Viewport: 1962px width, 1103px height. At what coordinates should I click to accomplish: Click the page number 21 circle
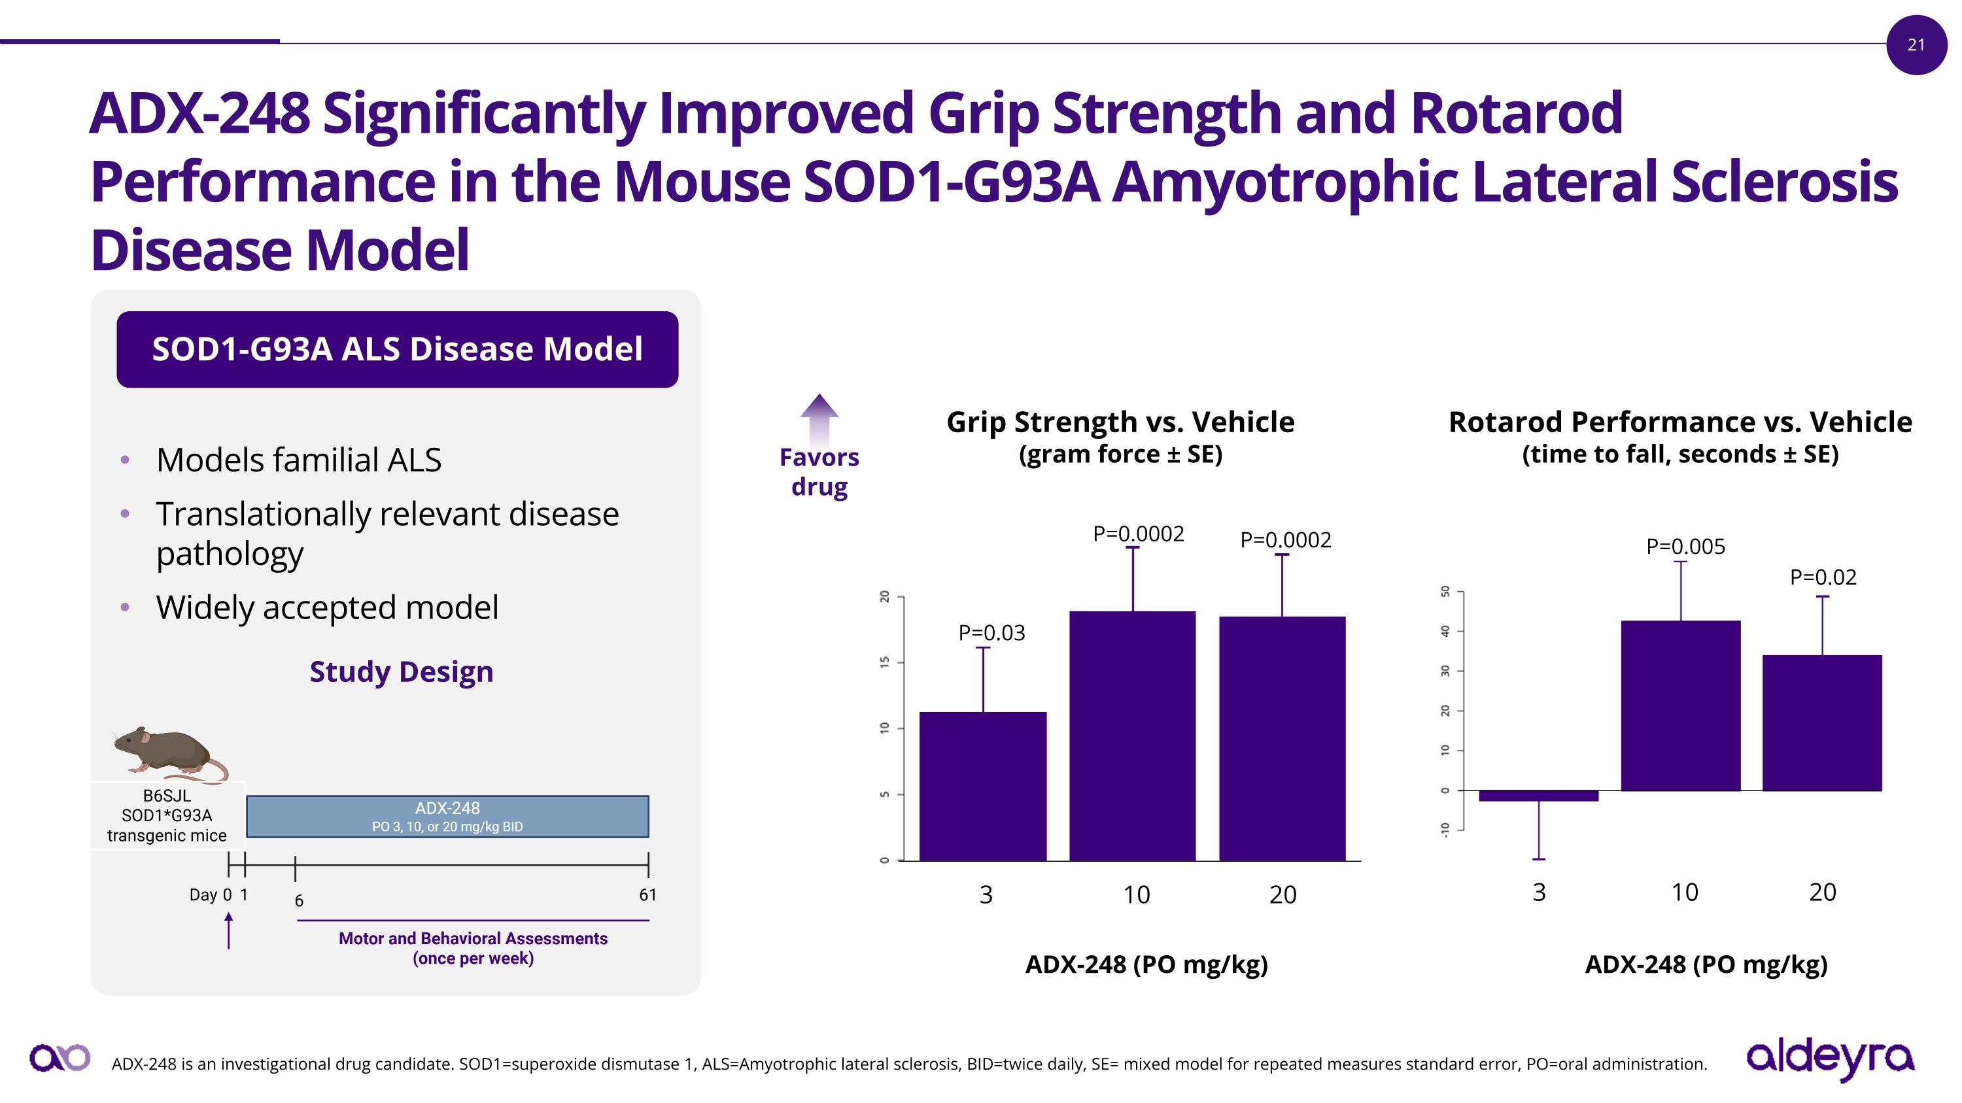(x=1916, y=45)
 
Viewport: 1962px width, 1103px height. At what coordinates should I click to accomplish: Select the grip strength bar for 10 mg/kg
(x=1132, y=736)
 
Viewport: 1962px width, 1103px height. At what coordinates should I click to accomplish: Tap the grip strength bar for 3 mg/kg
(x=982, y=786)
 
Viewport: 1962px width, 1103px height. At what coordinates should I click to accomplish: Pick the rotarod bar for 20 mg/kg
(x=1822, y=722)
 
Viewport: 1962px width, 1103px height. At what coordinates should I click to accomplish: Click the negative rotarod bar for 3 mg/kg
(x=1538, y=796)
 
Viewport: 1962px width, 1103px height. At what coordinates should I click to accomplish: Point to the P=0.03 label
(x=991, y=632)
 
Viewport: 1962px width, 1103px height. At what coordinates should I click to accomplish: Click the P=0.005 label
(x=1685, y=547)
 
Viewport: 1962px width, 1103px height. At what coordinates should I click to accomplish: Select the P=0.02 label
(x=1823, y=577)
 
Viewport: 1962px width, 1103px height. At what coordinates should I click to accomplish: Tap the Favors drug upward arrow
(x=819, y=418)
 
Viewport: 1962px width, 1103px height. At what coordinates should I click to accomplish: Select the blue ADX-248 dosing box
(x=447, y=816)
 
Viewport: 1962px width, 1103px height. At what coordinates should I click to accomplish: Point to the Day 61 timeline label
(x=647, y=894)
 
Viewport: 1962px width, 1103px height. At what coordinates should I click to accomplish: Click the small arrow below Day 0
(x=228, y=931)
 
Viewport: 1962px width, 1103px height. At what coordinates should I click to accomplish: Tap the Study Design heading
(x=402, y=671)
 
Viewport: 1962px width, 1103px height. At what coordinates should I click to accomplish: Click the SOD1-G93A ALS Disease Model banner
(x=397, y=349)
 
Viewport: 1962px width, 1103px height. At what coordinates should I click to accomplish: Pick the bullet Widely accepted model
(x=327, y=607)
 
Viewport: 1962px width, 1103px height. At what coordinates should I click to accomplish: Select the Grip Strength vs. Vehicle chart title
(x=1120, y=422)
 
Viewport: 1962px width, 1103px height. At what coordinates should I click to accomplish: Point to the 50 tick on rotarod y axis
(x=1445, y=592)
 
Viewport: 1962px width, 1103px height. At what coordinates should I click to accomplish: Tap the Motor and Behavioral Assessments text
(x=472, y=947)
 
